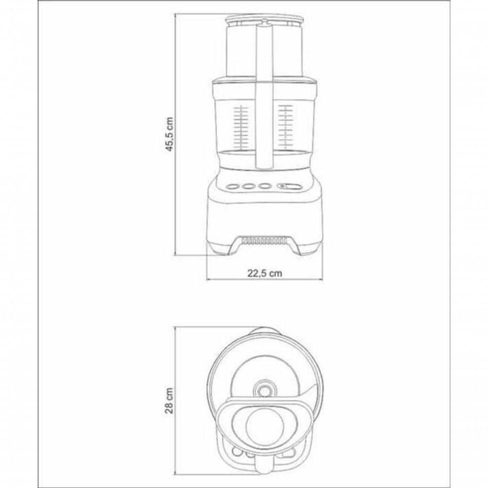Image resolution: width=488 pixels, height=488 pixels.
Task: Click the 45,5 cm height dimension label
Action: [169, 134]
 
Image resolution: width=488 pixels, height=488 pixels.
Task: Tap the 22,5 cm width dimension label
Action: [265, 273]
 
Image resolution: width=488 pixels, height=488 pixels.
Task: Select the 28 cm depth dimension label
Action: [169, 401]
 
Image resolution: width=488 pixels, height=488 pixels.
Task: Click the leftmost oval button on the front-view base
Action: [232, 187]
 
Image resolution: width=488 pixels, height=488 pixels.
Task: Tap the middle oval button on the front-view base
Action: [248, 187]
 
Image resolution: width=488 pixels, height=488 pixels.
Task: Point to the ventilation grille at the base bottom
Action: [264, 240]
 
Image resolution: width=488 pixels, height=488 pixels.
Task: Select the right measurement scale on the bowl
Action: [285, 127]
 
